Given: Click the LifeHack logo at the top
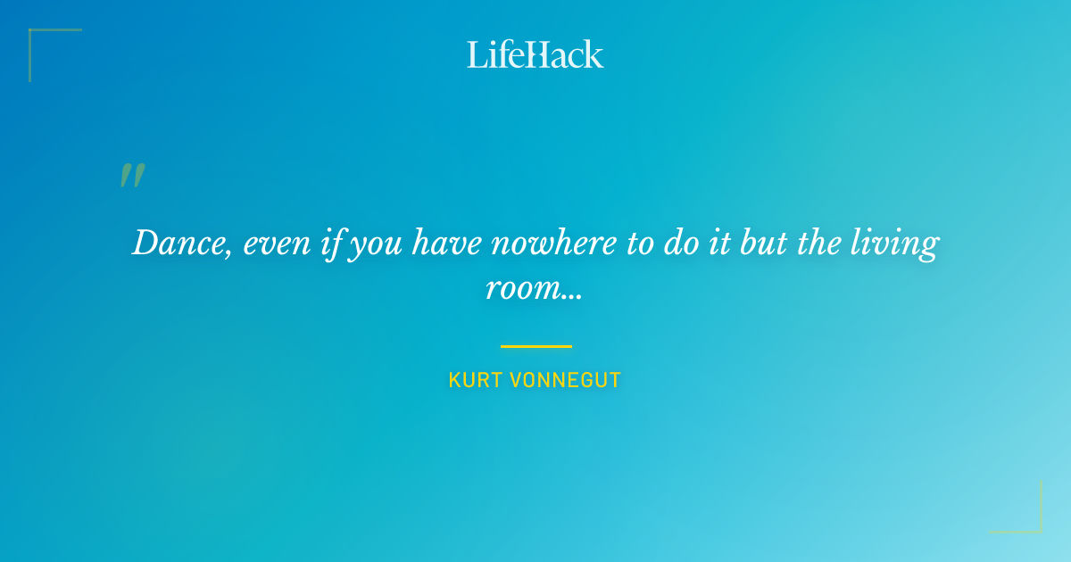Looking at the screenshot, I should (x=535, y=54).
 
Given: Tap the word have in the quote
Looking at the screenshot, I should (x=447, y=244).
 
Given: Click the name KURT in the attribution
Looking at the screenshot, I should (x=475, y=381).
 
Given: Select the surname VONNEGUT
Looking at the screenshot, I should (x=565, y=381).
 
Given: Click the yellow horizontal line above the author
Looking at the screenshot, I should (x=535, y=346).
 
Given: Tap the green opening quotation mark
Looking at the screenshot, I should (x=132, y=175).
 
